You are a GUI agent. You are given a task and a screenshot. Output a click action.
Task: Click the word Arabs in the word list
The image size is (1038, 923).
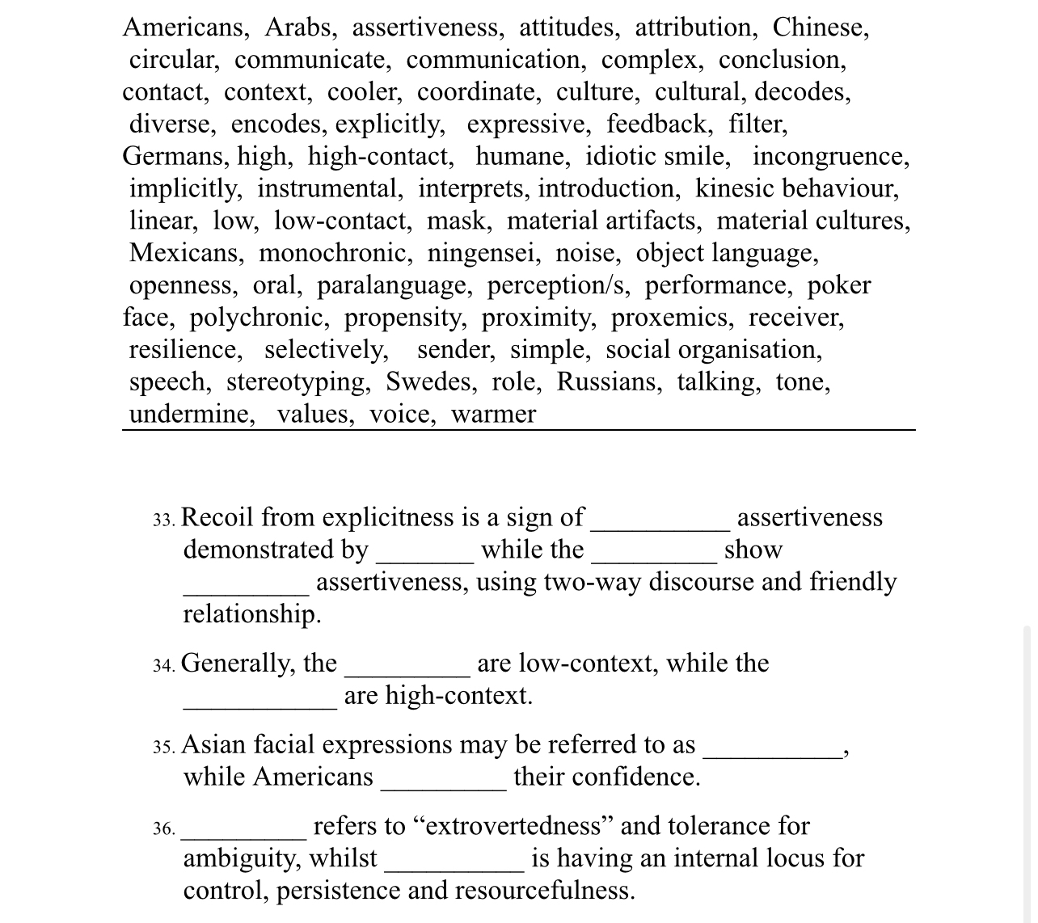299,27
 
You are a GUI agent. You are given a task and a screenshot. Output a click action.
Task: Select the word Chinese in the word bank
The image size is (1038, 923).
820,27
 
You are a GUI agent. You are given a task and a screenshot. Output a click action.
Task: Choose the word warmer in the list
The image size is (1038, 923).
493,414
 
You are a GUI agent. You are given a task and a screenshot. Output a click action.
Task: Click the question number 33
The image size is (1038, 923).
163,519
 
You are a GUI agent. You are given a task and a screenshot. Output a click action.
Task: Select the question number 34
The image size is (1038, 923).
163,665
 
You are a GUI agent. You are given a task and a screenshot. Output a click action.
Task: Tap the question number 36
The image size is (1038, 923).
163,828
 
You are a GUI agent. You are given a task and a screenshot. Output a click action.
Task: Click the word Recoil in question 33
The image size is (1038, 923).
217,517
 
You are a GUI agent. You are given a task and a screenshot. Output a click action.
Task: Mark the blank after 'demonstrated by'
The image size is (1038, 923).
424,551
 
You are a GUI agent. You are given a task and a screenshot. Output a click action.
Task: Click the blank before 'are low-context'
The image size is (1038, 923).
407,665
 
